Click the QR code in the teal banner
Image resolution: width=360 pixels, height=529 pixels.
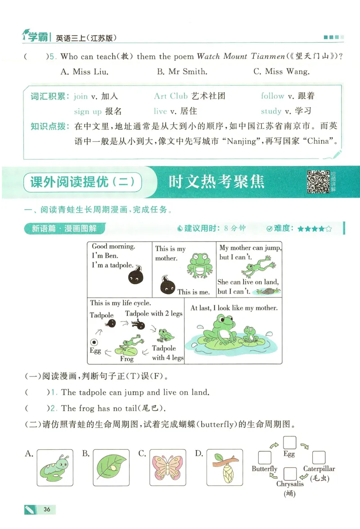pyautogui.click(x=318, y=182)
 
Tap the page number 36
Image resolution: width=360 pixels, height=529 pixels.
pyautogui.click(x=47, y=510)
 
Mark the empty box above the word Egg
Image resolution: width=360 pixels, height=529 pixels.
pyautogui.click(x=289, y=443)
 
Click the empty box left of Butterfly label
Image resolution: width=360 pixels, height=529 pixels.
pyautogui.click(x=265, y=458)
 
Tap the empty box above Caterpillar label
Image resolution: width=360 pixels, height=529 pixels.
pyautogui.click(x=319, y=458)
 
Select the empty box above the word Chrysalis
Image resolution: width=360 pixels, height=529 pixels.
pyautogui.click(x=291, y=474)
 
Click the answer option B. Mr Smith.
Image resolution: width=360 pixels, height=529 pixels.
pyautogui.click(x=182, y=72)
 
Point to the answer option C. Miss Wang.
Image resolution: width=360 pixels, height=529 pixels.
pyautogui.click(x=281, y=72)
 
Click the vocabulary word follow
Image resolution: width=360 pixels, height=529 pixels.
pyautogui.click(x=273, y=96)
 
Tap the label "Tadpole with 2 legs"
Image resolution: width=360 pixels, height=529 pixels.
pyautogui.click(x=153, y=313)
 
